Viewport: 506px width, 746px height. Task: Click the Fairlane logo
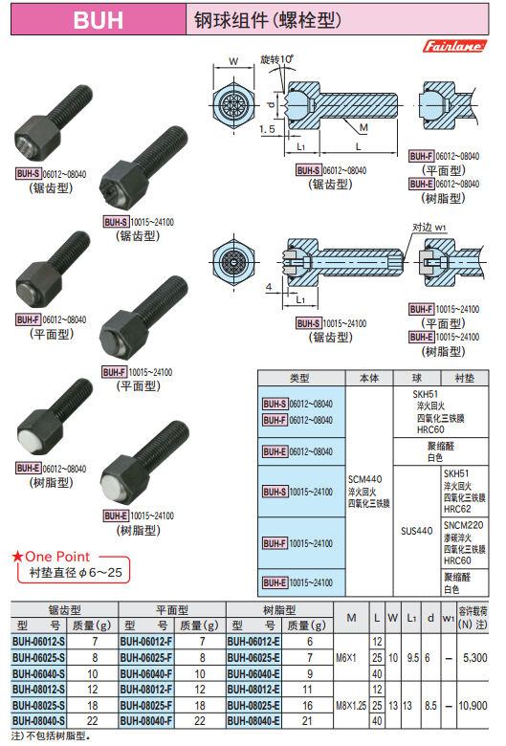[x=454, y=46]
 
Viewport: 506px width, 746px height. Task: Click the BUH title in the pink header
[x=99, y=20]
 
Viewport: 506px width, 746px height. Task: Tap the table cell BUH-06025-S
[x=38, y=657]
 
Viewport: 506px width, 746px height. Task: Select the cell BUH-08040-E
[x=253, y=721]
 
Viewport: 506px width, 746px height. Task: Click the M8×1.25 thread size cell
[x=351, y=706]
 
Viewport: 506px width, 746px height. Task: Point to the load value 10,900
[x=473, y=706]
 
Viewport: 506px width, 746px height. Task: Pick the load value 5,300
[x=475, y=658]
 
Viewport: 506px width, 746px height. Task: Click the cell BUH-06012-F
[x=146, y=642]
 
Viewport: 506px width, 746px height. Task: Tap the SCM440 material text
[x=364, y=479]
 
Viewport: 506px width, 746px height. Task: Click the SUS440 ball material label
[x=416, y=531]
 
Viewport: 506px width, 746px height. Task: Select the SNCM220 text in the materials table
[x=463, y=525]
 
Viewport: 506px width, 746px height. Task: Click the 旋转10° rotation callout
[x=276, y=59]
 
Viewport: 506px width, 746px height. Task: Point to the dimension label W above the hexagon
[x=233, y=61]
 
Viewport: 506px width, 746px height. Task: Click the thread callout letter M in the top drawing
[x=363, y=127]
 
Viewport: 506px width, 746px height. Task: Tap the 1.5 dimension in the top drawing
[x=267, y=129]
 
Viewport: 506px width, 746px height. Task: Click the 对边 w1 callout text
[x=429, y=228]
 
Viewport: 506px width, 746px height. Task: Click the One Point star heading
[x=51, y=557]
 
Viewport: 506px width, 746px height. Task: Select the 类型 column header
[x=300, y=378]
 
